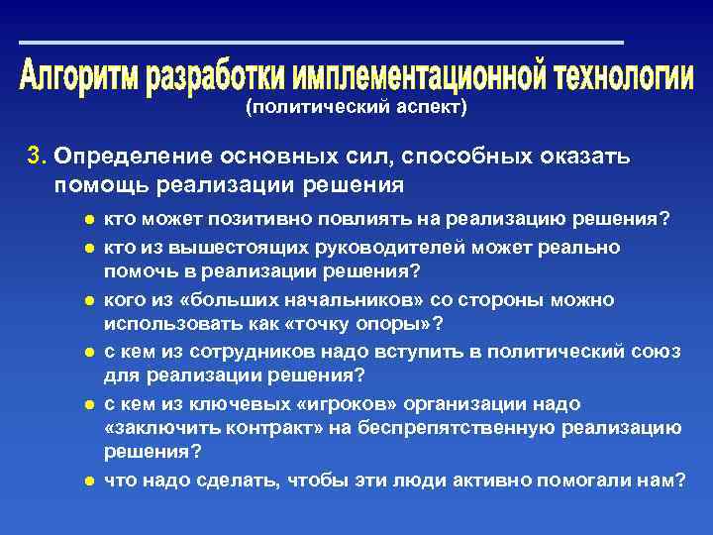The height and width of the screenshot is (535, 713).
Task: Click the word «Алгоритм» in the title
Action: (x=79, y=76)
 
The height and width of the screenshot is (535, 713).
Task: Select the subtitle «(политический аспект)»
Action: (x=356, y=107)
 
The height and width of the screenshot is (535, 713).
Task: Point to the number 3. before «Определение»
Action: (x=37, y=157)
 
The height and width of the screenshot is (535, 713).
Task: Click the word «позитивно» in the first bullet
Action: (x=272, y=219)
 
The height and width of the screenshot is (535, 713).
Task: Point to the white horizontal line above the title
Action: (x=321, y=43)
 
